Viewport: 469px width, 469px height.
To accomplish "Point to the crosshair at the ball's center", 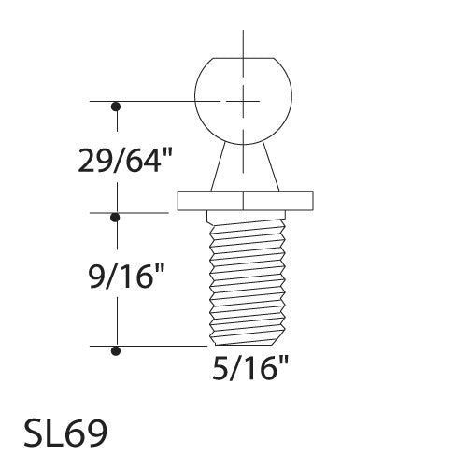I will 242,99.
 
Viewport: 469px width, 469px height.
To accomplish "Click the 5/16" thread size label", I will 246,367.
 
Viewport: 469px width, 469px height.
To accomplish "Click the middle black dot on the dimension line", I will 116,217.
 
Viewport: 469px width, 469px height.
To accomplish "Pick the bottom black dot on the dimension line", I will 116,350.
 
